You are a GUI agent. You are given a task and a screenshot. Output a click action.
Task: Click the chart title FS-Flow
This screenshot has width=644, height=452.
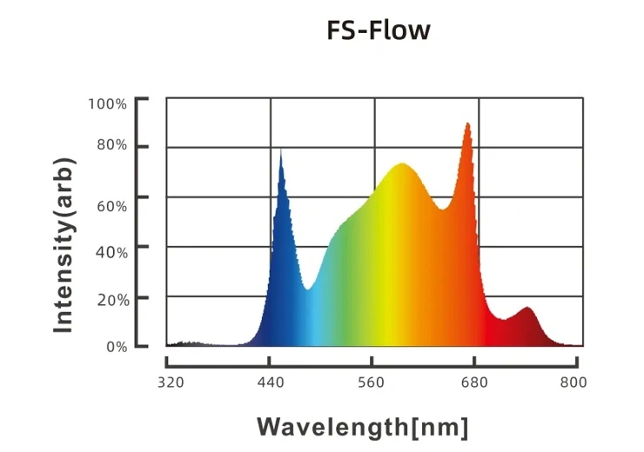click(x=378, y=30)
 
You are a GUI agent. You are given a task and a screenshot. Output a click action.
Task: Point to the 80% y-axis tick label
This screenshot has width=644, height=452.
click(x=111, y=145)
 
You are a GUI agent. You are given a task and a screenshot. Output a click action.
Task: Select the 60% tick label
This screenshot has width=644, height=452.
click(x=111, y=205)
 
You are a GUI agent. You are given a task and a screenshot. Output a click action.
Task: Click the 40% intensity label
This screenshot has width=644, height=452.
click(x=111, y=251)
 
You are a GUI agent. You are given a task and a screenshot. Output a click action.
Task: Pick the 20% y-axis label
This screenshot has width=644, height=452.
click(x=111, y=298)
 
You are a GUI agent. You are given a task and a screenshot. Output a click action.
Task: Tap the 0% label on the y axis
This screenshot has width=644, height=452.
click(x=116, y=347)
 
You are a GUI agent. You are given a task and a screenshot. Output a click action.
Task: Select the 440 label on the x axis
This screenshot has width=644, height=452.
click(x=271, y=383)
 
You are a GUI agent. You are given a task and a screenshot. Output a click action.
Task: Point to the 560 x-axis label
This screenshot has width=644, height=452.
click(x=372, y=383)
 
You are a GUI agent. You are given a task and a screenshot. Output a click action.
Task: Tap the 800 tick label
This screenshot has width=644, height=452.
click(x=573, y=383)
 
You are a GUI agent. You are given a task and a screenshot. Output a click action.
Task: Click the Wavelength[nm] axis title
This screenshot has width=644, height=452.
click(x=362, y=427)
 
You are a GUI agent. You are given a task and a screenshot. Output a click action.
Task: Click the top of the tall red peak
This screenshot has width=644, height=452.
click(x=467, y=124)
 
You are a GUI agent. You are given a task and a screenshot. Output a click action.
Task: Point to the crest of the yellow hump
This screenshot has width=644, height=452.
click(x=401, y=164)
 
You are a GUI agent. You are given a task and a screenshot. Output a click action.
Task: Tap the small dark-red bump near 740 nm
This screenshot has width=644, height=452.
click(x=527, y=309)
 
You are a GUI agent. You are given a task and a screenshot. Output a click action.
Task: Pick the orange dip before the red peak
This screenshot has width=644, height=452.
click(x=443, y=209)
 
